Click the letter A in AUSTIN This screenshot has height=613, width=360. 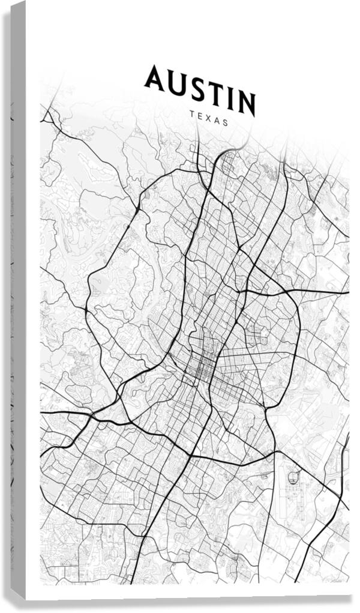point(154,79)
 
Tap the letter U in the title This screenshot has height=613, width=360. point(176,83)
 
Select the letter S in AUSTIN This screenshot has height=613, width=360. point(196,88)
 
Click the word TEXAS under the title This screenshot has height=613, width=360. point(208,118)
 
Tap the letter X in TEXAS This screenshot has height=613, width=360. point(208,118)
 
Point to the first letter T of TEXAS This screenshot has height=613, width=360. point(191,113)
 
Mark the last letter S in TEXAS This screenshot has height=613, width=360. point(226,122)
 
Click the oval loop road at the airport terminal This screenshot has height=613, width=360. point(294,478)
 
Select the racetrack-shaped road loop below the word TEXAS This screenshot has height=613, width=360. point(228,162)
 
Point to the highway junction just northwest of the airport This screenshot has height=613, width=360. point(277,451)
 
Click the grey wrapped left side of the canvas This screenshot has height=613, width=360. point(18,300)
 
